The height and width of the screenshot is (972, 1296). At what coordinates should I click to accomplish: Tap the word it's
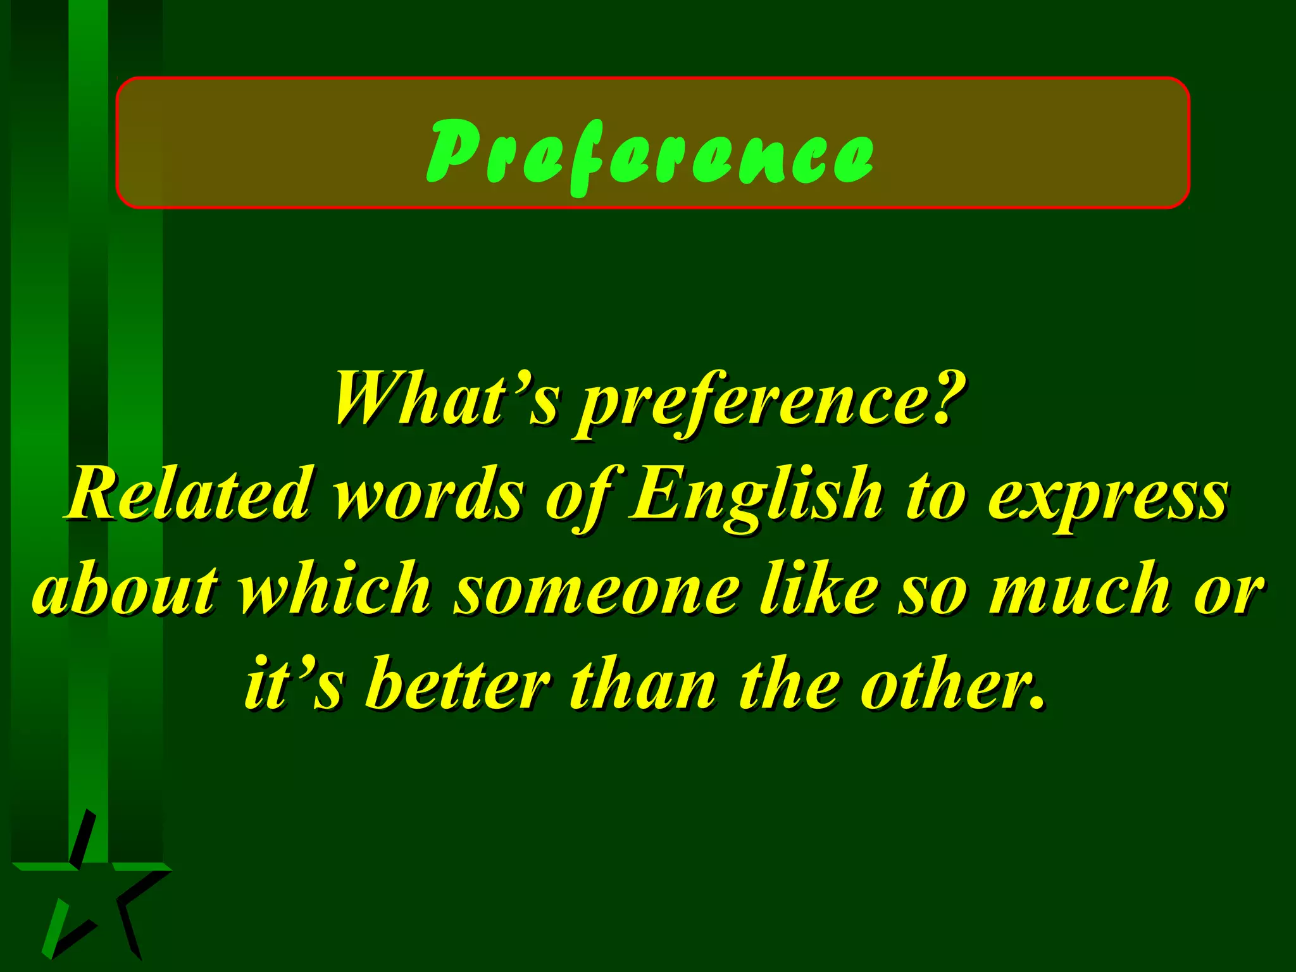[x=294, y=683]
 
